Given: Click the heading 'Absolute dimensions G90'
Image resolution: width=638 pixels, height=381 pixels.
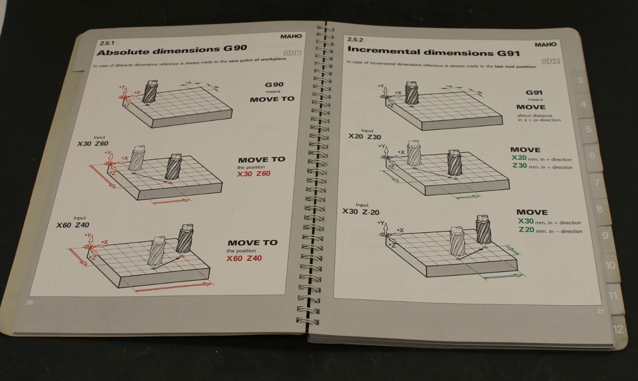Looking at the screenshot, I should pos(171,52).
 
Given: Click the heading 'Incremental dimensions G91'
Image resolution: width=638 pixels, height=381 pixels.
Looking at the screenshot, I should pos(433,52).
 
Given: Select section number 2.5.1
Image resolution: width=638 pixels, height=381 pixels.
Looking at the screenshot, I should pos(106,42).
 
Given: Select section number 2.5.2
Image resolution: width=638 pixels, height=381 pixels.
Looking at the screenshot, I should pos(354,40).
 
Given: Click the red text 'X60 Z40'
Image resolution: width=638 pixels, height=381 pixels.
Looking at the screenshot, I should pos(244,259).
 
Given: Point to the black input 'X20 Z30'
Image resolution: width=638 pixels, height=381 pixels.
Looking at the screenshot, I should pos(365,137).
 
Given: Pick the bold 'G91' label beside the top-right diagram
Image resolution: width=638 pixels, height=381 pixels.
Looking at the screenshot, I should pos(534,92).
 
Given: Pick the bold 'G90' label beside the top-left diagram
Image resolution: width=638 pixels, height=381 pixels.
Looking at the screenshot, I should pos(274,84).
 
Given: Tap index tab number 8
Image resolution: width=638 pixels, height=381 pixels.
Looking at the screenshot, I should pos(599,209).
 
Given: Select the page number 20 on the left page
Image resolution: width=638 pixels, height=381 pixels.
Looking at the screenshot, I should pos(29,302).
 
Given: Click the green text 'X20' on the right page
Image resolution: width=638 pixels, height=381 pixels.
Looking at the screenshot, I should pos(518,158).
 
